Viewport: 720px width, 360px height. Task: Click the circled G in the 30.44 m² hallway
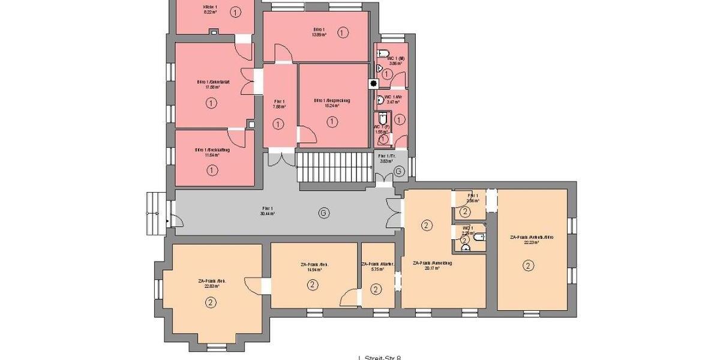(324, 213)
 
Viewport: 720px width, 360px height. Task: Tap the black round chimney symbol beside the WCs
(373, 84)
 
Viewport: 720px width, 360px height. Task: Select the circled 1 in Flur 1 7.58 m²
(278, 124)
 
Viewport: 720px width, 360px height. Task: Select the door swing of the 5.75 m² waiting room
(348, 297)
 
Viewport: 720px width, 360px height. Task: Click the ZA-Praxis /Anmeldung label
(432, 263)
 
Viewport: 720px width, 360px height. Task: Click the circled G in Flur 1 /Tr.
(399, 172)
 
